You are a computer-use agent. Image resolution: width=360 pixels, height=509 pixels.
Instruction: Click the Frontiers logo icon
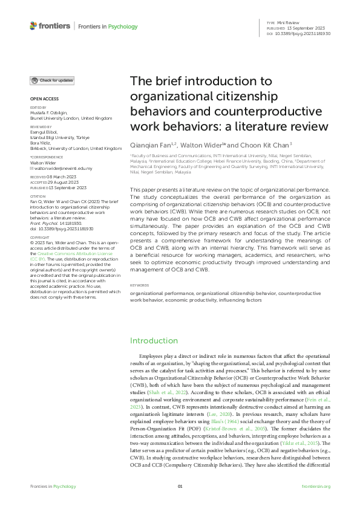pyautogui.click(x=33, y=26)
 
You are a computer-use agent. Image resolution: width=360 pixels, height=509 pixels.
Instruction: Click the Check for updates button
pyautogui.click(x=53, y=80)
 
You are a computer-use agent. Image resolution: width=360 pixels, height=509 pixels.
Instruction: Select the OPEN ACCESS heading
pyautogui.click(x=44, y=99)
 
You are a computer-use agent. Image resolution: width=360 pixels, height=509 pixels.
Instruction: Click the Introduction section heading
pyautogui.click(x=154, y=341)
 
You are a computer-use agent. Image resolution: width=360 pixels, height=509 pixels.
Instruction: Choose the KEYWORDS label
pyautogui.click(x=140, y=284)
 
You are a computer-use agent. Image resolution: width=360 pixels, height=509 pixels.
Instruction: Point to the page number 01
pyautogui.click(x=180, y=487)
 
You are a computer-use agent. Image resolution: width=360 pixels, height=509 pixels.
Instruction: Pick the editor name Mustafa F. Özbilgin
pyautogui.click(x=51, y=112)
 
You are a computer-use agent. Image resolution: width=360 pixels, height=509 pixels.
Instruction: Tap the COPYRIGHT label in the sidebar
pyautogui.click(x=40, y=238)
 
